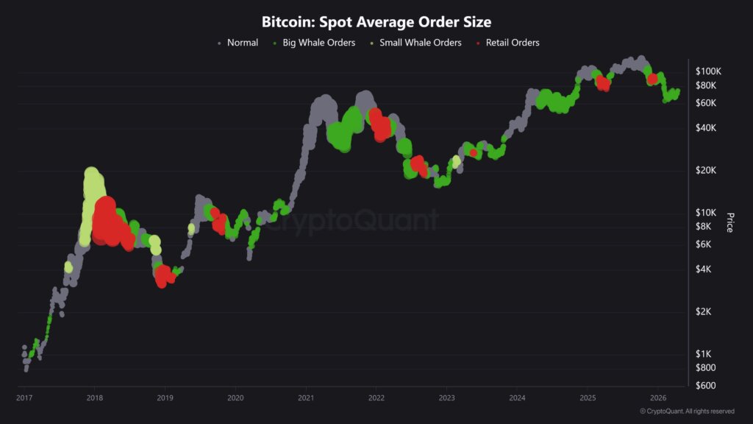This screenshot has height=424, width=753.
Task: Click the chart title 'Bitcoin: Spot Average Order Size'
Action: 376,22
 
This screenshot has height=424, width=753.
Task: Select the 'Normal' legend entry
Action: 242,43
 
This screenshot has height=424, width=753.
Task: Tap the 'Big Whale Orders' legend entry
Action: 318,43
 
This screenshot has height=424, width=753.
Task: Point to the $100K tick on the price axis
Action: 708,71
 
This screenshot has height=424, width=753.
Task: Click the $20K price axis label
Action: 707,171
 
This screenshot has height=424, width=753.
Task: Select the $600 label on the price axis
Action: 706,386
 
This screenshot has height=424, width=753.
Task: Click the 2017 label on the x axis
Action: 24,398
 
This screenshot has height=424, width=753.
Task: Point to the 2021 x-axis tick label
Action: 306,398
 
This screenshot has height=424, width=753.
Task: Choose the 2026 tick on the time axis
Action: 658,398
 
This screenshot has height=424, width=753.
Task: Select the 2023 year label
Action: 446,398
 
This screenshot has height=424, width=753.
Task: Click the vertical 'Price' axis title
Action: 729,222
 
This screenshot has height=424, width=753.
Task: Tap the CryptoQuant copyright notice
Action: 687,411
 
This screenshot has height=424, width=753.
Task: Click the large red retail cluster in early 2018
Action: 107,221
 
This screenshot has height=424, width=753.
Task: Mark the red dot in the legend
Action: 479,43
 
